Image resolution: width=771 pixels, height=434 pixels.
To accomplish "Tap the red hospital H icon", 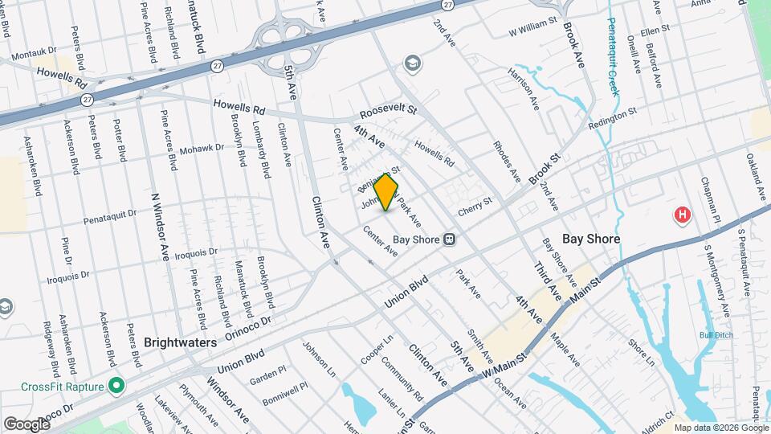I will click(x=682, y=215).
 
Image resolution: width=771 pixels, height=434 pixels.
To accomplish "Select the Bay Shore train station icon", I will click(x=450, y=239).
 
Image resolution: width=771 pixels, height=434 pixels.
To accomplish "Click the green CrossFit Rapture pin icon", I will click(x=116, y=387).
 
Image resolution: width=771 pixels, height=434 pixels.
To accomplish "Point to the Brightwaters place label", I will click(x=180, y=342).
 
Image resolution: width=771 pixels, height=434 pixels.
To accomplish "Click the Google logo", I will click(x=27, y=424).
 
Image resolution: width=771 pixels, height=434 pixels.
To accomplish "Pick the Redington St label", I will click(x=612, y=118).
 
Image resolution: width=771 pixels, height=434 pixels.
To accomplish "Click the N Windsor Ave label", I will click(x=159, y=226).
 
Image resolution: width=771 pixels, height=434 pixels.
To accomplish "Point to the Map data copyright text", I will click(x=720, y=428).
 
